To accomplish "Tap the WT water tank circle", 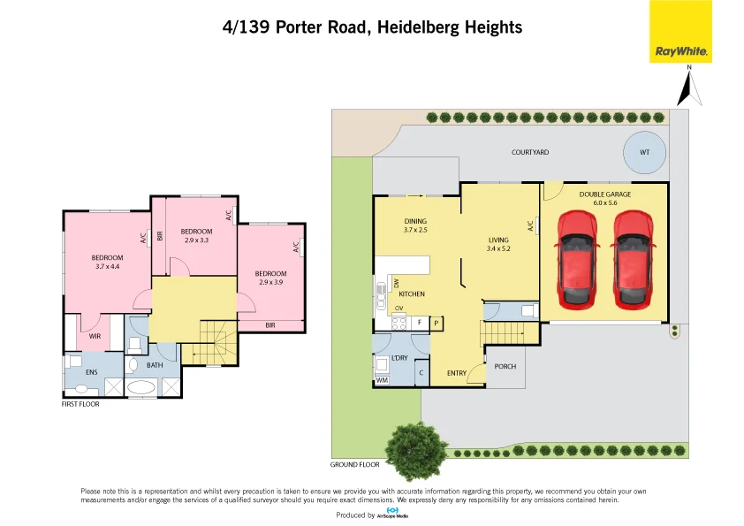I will pos(644,152).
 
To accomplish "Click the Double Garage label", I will pos(604,198).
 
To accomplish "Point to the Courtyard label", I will pos(530,152).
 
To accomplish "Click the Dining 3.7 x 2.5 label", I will pos(415,225).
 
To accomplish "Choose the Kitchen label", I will pos(412,293).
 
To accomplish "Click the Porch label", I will pos(505,366).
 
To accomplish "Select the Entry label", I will pos(456,373).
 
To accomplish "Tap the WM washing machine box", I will pos(382,380).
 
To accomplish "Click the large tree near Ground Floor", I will pos(414,445).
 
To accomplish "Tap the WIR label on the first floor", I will pos(95,336).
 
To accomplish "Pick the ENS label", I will pos(91,372).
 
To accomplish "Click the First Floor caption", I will pos(80,404).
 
